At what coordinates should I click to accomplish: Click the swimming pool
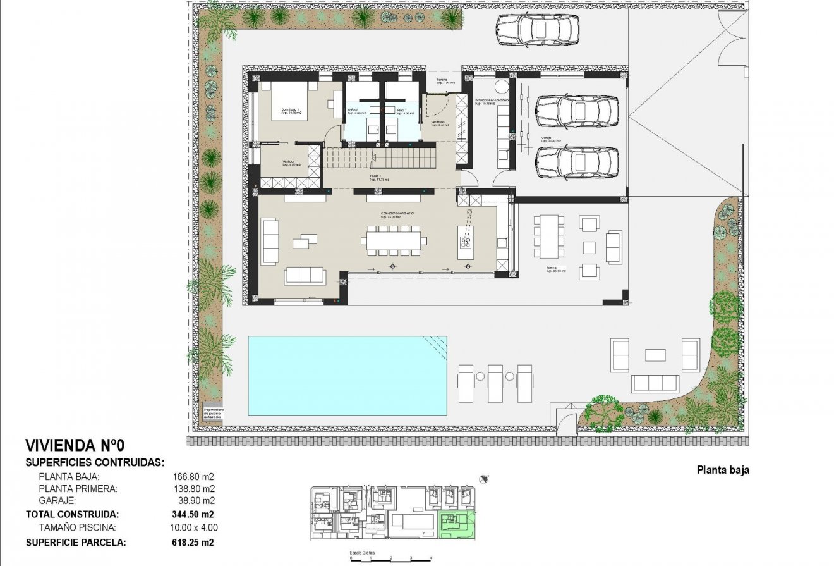(347, 376)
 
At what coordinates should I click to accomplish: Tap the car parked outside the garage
(538, 30)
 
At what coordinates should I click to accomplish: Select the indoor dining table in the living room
(394, 240)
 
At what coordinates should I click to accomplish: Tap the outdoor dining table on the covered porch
(549, 237)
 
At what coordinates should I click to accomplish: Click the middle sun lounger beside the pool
(495, 383)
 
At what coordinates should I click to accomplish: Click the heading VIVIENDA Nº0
(70, 445)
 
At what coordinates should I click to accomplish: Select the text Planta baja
(722, 470)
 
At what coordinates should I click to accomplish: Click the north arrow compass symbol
(484, 479)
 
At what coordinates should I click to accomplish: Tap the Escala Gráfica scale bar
(390, 558)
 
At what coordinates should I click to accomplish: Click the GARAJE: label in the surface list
(57, 500)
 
